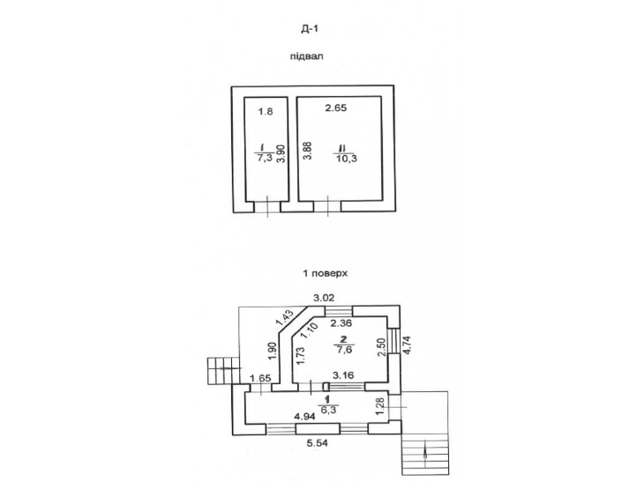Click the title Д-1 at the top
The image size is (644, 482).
(x=310, y=29)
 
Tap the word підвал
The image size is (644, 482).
(x=307, y=56)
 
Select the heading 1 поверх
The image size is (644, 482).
(x=326, y=273)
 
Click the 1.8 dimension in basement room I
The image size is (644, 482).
(x=266, y=111)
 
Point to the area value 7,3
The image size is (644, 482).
(x=265, y=158)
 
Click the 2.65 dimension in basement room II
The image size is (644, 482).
(x=336, y=108)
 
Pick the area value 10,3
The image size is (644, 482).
(x=347, y=159)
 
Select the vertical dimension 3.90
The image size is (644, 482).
(x=281, y=154)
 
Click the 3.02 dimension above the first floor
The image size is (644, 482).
(x=324, y=298)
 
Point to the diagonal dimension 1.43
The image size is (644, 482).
(x=285, y=317)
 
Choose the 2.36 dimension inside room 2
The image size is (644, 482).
(x=341, y=323)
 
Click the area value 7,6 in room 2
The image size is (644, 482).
(x=344, y=350)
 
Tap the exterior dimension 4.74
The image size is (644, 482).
(x=408, y=345)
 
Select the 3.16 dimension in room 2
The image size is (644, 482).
(x=343, y=374)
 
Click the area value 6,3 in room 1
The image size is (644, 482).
(x=329, y=409)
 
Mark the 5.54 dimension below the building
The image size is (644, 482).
(x=318, y=443)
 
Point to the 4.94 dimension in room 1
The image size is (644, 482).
(x=304, y=417)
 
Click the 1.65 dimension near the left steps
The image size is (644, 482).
(x=260, y=378)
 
